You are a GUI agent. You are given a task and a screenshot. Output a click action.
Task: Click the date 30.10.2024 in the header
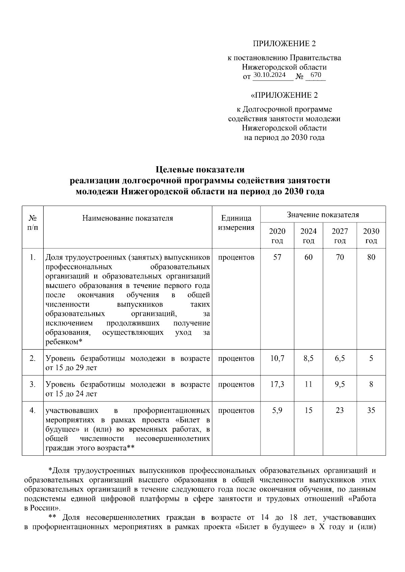(x=269, y=75)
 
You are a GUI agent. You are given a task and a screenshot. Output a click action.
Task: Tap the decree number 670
(x=316, y=75)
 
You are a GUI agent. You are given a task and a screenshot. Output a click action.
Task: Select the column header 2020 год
(x=277, y=236)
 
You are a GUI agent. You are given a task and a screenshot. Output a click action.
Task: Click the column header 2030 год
(x=371, y=236)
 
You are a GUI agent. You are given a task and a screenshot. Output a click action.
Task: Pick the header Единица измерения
(x=236, y=222)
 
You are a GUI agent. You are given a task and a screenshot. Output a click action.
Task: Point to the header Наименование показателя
(x=128, y=218)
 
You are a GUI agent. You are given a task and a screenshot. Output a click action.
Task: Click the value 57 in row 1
(x=277, y=257)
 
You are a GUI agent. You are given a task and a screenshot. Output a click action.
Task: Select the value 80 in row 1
(x=371, y=257)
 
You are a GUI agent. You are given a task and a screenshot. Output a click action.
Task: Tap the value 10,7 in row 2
(x=277, y=358)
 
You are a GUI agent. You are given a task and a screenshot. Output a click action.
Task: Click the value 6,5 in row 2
(x=340, y=358)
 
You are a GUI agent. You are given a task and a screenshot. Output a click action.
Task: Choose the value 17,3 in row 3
(x=277, y=384)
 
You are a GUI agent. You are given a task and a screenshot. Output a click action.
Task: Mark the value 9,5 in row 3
(x=340, y=384)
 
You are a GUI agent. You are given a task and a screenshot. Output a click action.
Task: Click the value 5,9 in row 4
(x=277, y=410)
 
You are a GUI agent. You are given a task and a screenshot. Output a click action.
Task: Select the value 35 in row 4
(x=371, y=410)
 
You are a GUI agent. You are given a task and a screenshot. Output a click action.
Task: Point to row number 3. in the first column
(x=32, y=384)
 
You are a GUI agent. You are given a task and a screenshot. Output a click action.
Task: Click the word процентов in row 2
(x=236, y=358)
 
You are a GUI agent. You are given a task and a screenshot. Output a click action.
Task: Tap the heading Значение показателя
(x=323, y=214)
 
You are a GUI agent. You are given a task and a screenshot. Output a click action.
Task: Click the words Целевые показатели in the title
(x=200, y=169)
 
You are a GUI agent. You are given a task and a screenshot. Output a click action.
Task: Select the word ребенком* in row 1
(x=64, y=342)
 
